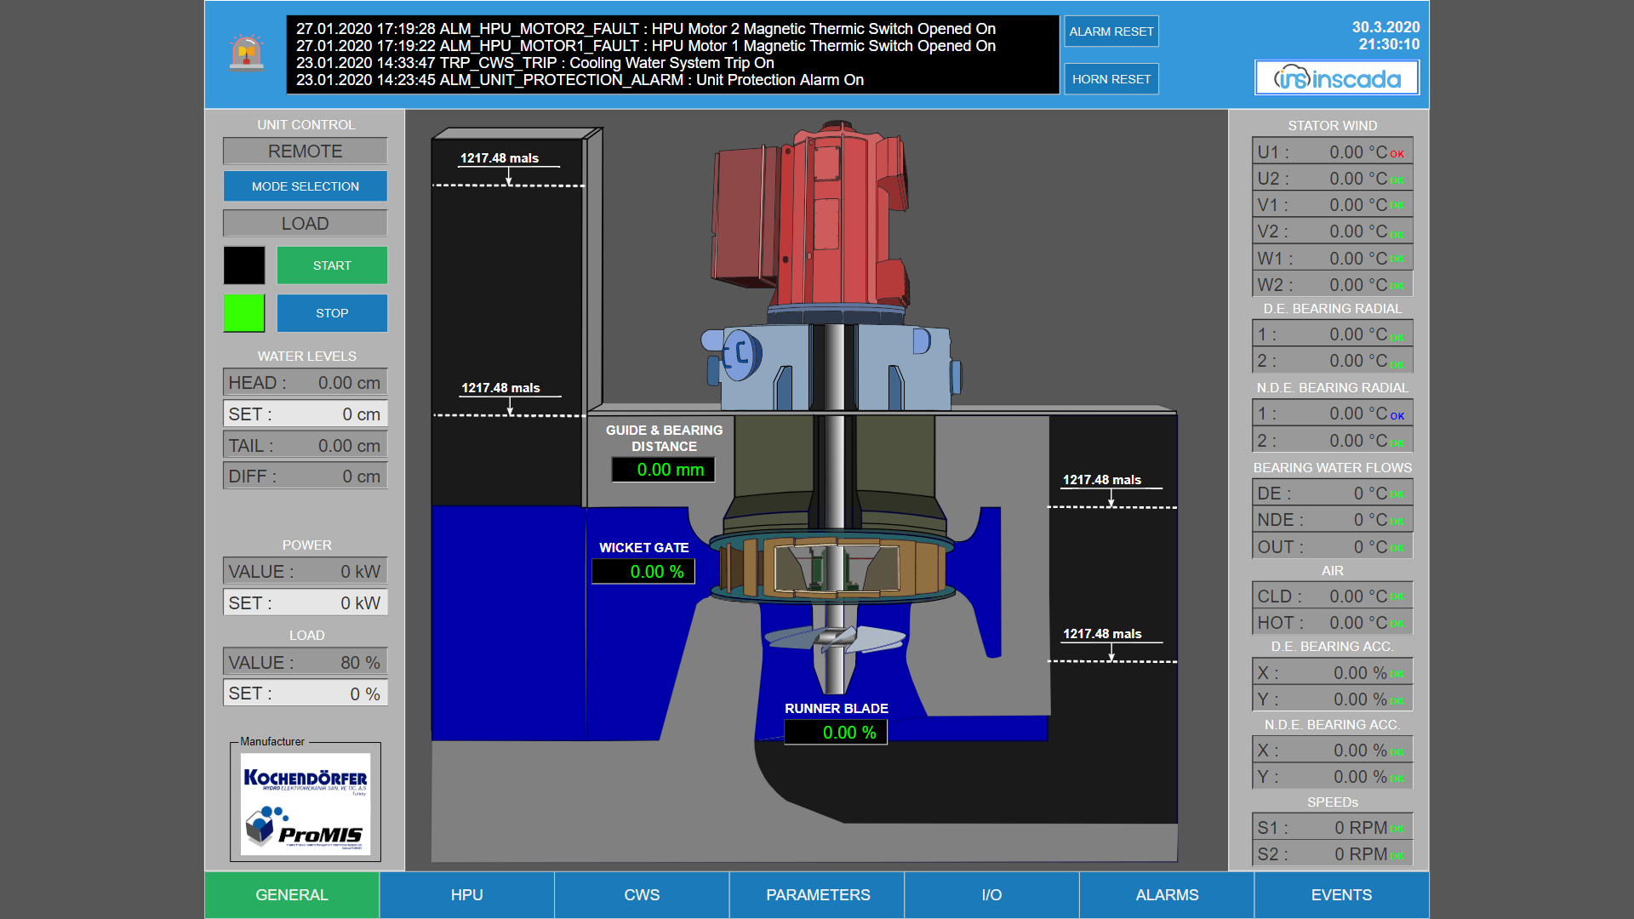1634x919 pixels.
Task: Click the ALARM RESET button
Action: [x=1111, y=31]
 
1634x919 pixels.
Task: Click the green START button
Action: [x=332, y=265]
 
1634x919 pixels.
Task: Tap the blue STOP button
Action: [x=332, y=313]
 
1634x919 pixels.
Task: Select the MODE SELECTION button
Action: [x=305, y=186]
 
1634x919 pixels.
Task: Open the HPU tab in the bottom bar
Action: [x=466, y=894]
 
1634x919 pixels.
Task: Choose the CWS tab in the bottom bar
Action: [x=642, y=894]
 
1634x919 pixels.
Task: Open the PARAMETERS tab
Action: [x=817, y=894]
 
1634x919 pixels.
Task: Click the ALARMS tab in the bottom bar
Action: [x=1167, y=894]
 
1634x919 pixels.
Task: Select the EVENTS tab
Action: [x=1341, y=894]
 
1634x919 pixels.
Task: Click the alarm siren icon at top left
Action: [x=246, y=53]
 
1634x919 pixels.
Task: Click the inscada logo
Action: [x=1337, y=78]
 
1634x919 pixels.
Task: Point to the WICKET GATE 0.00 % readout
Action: [x=643, y=572]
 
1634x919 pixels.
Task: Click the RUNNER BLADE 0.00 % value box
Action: [x=836, y=733]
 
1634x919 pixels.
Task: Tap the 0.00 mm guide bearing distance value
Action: [x=663, y=470]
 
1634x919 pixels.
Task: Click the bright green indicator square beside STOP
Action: [x=244, y=313]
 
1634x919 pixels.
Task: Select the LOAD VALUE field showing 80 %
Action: [x=305, y=662]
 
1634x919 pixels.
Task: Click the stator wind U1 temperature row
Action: [x=1332, y=151]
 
